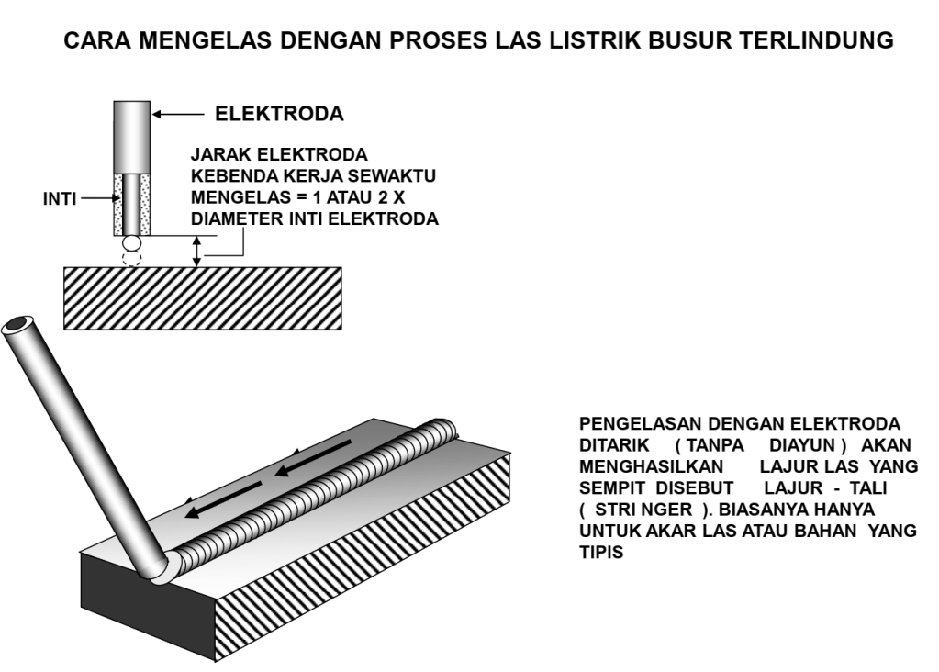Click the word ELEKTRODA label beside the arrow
(279, 115)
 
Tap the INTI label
(61, 197)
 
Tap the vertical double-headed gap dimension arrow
(196, 251)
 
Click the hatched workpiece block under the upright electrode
(202, 297)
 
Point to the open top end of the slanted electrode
(17, 326)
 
